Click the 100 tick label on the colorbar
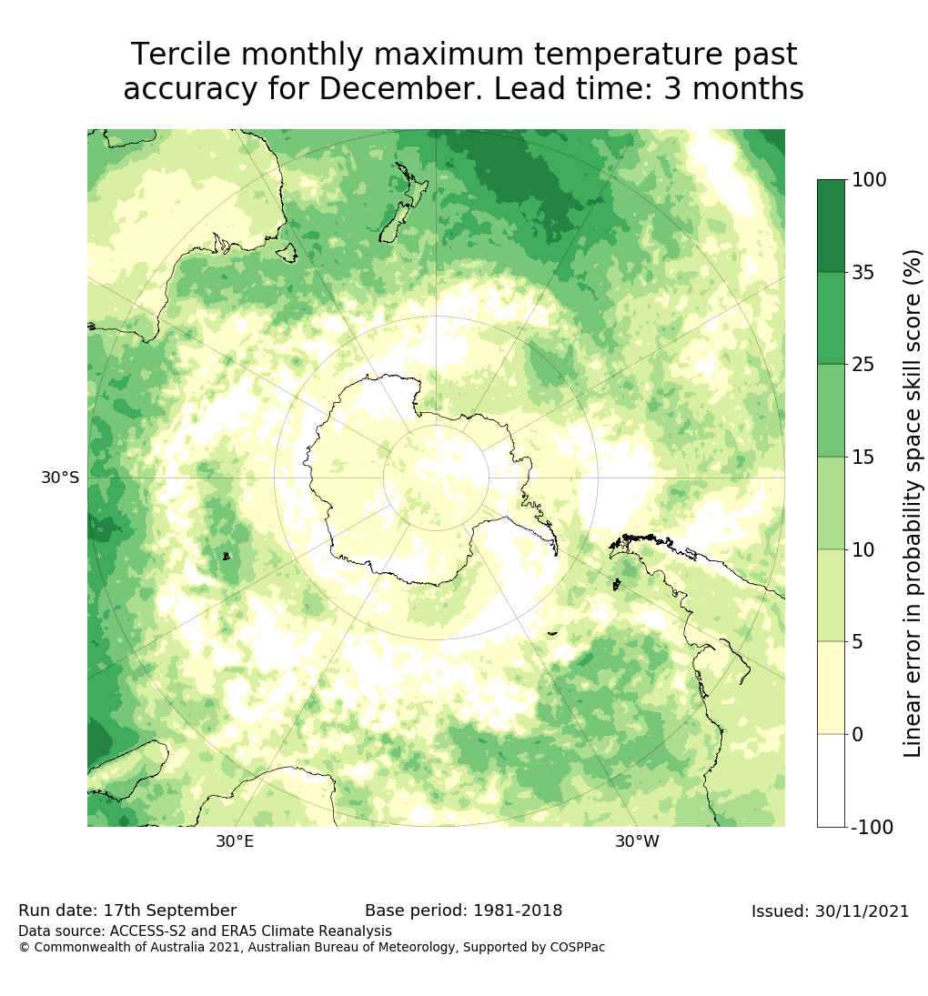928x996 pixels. [869, 180]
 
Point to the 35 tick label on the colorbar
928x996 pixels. [863, 272]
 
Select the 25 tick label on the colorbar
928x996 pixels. [863, 365]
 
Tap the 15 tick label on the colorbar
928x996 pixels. [863, 458]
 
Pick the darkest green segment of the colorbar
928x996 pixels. [831, 226]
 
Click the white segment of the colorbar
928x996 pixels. [831, 780]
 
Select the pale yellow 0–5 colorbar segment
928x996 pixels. [831, 688]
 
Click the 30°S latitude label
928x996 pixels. [60, 478]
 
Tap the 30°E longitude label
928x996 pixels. [235, 842]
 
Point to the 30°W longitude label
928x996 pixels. [637, 842]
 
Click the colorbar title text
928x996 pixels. [912, 502]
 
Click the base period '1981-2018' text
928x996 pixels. [514, 911]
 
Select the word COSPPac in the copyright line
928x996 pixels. [577, 948]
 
